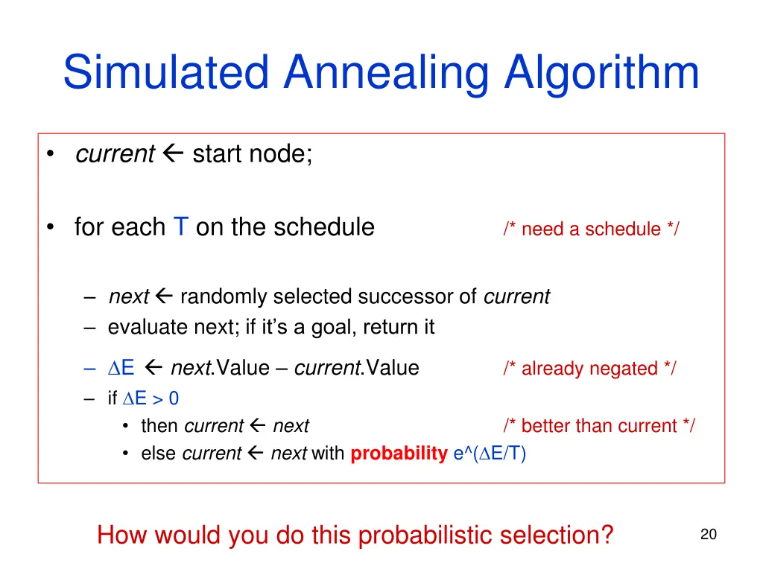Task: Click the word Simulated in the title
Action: (x=165, y=73)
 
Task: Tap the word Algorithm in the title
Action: (x=602, y=73)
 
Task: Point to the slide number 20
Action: (x=708, y=534)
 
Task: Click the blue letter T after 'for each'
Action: (x=180, y=226)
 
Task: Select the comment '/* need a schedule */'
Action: (x=591, y=229)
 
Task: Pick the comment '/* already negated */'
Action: (x=589, y=369)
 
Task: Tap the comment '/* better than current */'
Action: (x=599, y=426)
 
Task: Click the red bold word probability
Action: (x=399, y=454)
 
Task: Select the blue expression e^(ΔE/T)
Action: (x=490, y=454)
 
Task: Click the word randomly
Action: (x=224, y=297)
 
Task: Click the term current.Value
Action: (x=357, y=368)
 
